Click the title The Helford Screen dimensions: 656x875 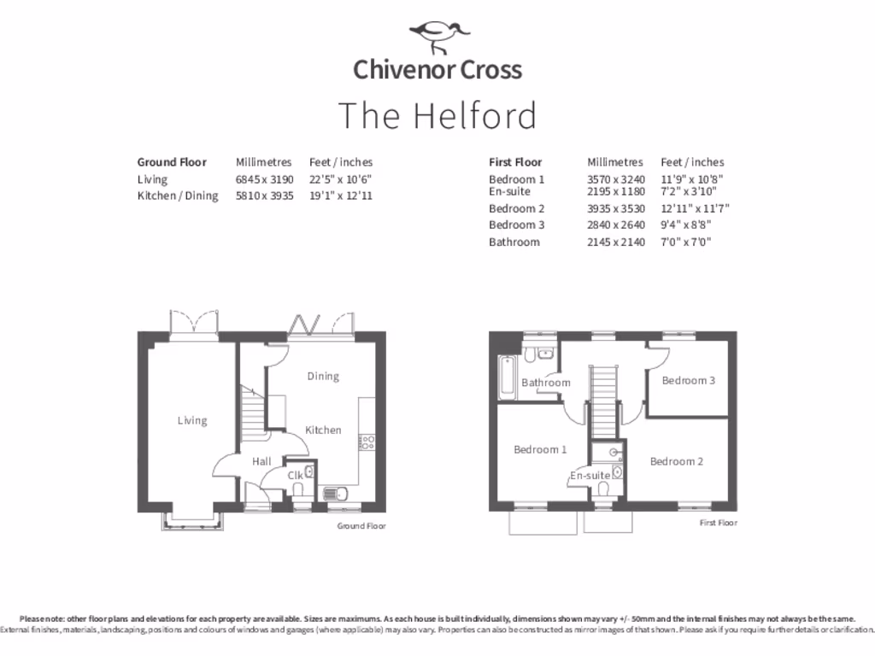437,115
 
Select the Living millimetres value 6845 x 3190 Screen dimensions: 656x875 264,179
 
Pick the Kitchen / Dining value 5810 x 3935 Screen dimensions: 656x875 264,196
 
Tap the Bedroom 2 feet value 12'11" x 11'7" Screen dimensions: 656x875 695,208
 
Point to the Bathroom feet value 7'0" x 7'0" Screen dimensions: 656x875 686,242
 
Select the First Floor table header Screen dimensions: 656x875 515,162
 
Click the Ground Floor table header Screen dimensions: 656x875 172,162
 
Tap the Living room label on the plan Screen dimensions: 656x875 192,420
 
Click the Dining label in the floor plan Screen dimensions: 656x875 323,376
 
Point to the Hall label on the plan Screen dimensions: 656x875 261,462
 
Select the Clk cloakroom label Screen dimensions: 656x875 295,475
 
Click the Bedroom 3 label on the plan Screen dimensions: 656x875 689,380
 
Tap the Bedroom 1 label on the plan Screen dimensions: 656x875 540,449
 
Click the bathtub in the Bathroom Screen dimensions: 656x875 506,372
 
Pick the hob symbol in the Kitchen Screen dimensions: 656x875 368,442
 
